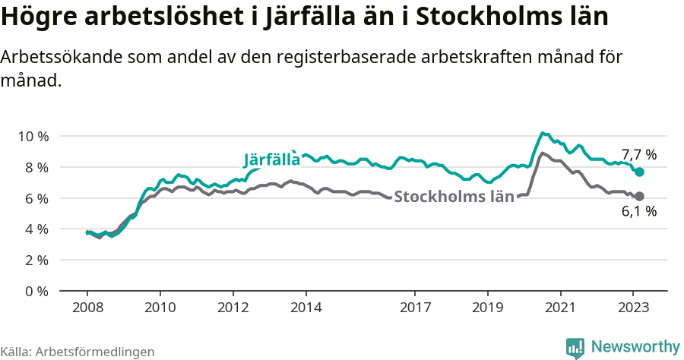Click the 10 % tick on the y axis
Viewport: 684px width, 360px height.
pos(33,136)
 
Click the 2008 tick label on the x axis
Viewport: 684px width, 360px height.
pos(87,308)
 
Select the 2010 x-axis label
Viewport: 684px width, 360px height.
pos(160,308)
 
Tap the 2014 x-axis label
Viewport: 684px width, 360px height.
pos(306,308)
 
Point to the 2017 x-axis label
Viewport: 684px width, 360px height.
pos(415,308)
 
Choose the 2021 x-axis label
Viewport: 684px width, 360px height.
pos(560,308)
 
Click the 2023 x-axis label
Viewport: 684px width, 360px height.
pos(633,308)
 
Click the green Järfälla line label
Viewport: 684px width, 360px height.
pos(271,160)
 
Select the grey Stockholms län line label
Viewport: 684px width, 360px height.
pos(454,197)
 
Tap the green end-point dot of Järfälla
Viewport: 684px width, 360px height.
pos(640,172)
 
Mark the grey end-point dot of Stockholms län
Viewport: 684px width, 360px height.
pos(640,197)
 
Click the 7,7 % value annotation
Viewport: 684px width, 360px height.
pos(638,155)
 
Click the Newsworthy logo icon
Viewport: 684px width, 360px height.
pos(575,347)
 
